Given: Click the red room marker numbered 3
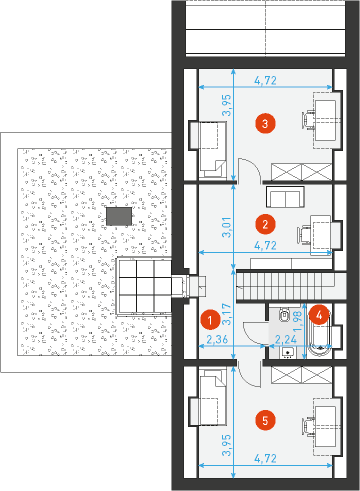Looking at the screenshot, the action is click(x=265, y=124).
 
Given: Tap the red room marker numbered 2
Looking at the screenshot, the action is click(x=265, y=224).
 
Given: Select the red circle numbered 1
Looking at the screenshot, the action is click(x=210, y=320).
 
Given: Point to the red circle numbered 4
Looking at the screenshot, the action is click(x=319, y=315).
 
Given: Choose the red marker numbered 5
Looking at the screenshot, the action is click(x=265, y=420).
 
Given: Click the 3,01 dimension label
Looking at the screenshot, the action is click(x=227, y=227).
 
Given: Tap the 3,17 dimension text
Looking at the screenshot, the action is click(x=227, y=314).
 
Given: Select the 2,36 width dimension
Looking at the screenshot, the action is click(x=217, y=339).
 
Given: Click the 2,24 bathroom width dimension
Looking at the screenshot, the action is click(x=286, y=339).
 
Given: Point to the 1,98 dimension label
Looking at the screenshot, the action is click(x=297, y=321).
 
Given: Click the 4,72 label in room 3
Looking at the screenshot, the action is click(x=265, y=80).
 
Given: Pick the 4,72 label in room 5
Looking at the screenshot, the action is click(x=265, y=459).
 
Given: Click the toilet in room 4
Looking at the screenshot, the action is click(x=284, y=314).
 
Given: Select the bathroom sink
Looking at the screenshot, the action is click(x=288, y=352).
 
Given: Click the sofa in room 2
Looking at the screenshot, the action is click(x=285, y=197).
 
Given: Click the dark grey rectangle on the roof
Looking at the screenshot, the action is click(x=119, y=216).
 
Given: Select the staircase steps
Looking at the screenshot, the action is click(x=285, y=286).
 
